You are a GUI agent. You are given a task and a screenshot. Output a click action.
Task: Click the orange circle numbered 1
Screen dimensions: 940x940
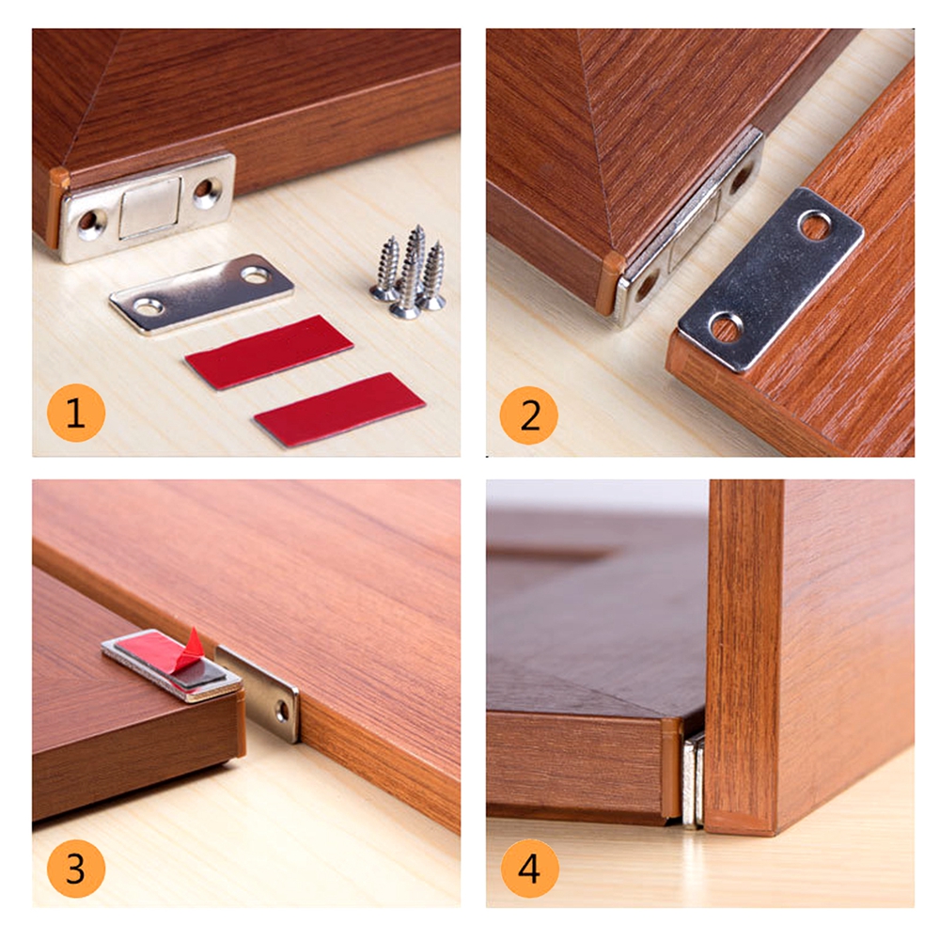[x=76, y=413]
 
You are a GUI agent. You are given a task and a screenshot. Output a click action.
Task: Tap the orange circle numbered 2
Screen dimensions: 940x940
[x=528, y=415]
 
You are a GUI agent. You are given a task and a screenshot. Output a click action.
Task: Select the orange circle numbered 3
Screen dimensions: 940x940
[x=76, y=869]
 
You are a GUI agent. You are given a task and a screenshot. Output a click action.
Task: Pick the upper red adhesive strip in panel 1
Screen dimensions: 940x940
[x=269, y=352]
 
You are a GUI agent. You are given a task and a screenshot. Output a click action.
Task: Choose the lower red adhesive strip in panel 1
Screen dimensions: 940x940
[x=340, y=410]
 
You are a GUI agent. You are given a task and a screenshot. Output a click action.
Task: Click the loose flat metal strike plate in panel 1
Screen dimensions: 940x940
[x=201, y=293]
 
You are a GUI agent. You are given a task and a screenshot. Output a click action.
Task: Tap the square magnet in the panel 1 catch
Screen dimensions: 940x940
[x=149, y=206]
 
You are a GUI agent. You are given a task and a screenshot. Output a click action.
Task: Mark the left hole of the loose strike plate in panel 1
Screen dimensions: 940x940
[x=148, y=307]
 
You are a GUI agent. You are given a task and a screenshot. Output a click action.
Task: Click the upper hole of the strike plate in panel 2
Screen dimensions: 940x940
[x=815, y=226]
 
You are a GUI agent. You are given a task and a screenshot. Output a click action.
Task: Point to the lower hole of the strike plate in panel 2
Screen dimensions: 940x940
[x=726, y=327]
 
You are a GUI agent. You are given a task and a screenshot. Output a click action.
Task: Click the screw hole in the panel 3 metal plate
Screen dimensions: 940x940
[x=282, y=712]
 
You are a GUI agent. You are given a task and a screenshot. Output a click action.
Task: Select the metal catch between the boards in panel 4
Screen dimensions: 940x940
[x=694, y=780]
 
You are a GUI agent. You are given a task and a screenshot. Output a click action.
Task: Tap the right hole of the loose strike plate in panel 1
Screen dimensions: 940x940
[x=256, y=275]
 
